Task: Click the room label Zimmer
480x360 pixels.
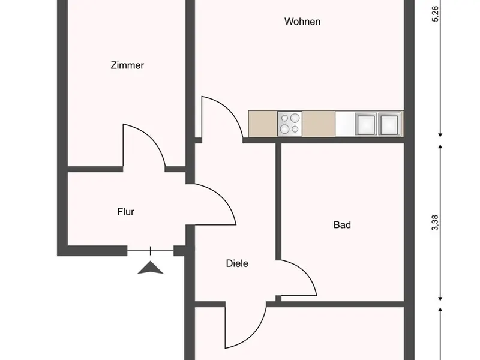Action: point(127,65)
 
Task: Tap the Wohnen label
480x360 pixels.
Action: point(302,22)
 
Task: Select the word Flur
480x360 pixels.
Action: point(125,211)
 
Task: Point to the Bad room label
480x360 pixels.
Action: point(342,225)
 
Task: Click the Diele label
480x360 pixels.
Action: point(237,263)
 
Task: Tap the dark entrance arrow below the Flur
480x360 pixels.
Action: point(150,268)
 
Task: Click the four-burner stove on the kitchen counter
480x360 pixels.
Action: point(290,123)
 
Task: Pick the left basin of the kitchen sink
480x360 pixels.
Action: point(366,123)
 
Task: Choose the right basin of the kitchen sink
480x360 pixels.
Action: point(389,123)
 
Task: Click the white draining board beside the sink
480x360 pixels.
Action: point(345,123)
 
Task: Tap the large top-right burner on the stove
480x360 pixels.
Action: point(295,118)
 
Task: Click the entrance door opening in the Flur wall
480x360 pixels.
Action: point(150,250)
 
